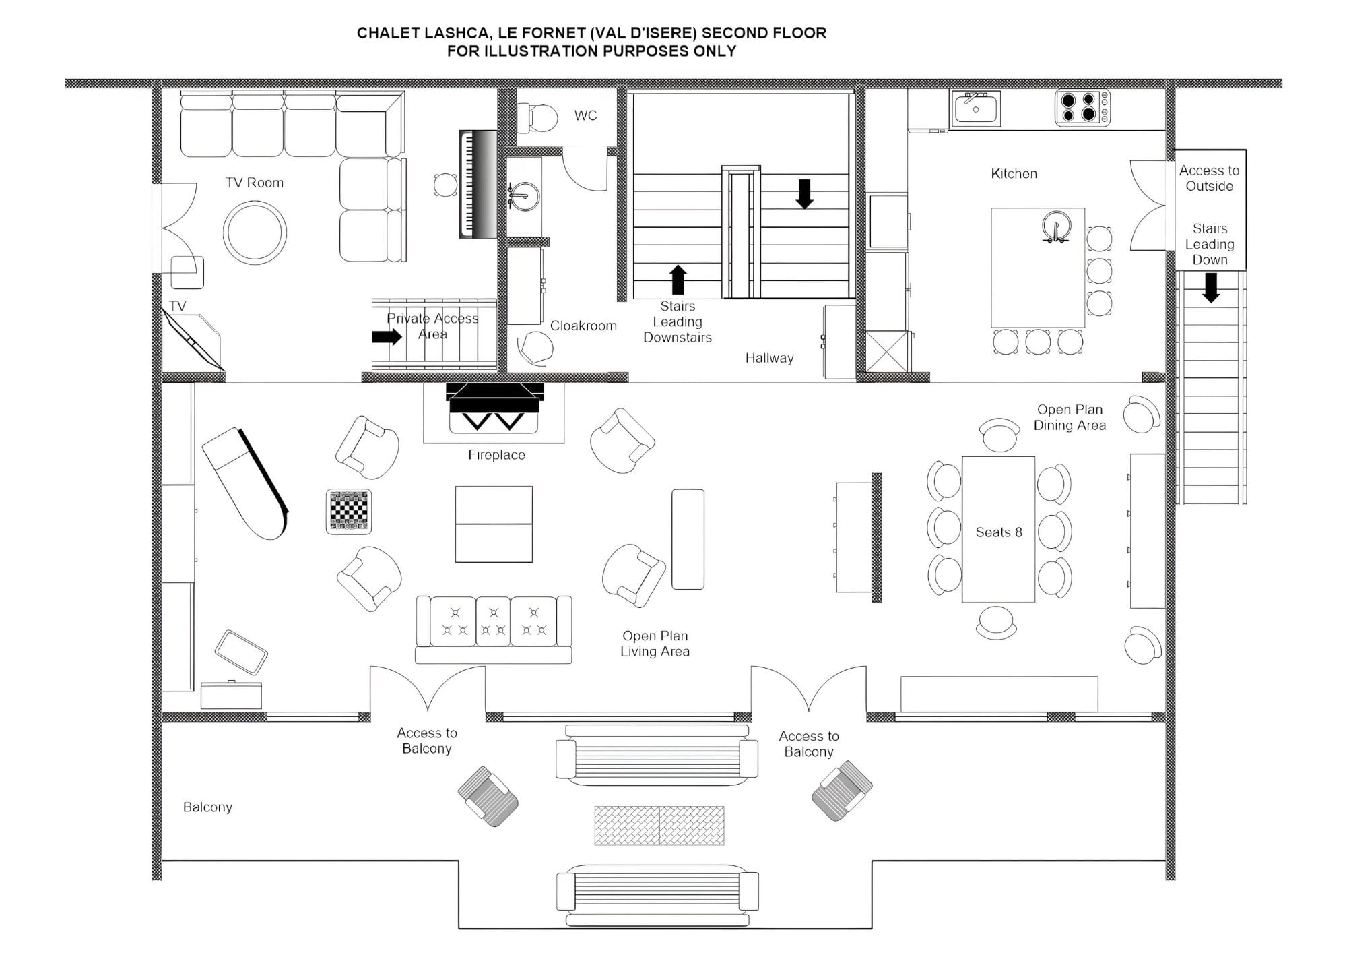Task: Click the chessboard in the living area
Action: point(349,512)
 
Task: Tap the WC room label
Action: point(585,115)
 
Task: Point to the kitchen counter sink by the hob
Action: point(976,109)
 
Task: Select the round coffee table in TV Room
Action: point(255,232)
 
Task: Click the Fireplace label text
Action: point(496,455)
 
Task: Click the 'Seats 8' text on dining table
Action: point(998,532)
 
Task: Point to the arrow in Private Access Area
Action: point(387,336)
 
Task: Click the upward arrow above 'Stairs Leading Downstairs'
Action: point(678,279)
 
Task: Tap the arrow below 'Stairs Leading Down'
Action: point(1211,287)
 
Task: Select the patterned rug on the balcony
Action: point(659,825)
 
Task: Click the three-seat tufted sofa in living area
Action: point(494,627)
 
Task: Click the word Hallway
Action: point(769,358)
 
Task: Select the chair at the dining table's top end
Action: point(999,435)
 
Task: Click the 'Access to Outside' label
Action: point(1209,179)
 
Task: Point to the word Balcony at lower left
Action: point(207,807)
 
